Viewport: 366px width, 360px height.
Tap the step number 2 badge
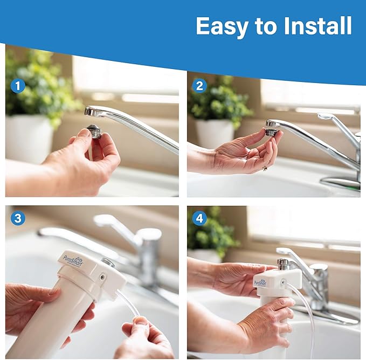199,86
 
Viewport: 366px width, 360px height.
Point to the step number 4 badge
199,218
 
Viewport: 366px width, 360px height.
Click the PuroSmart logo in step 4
261,280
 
